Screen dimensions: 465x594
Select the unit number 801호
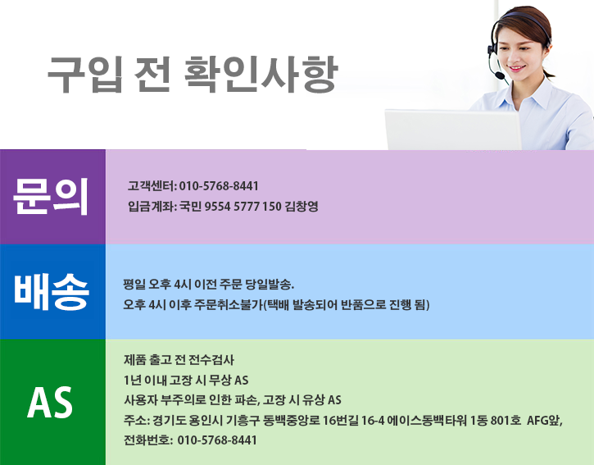pos(505,421)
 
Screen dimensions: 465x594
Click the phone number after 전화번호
pos(216,440)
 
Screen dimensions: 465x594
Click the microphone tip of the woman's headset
pos(499,76)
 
